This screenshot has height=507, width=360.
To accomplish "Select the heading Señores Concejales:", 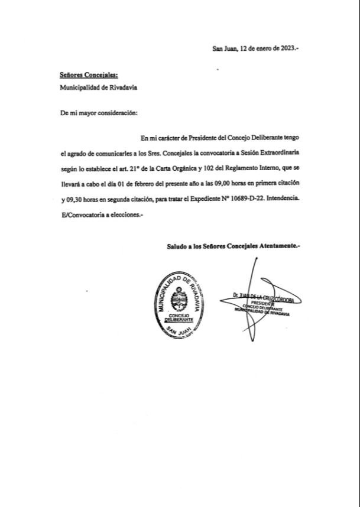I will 89,76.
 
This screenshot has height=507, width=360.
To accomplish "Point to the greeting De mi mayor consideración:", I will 98,113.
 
